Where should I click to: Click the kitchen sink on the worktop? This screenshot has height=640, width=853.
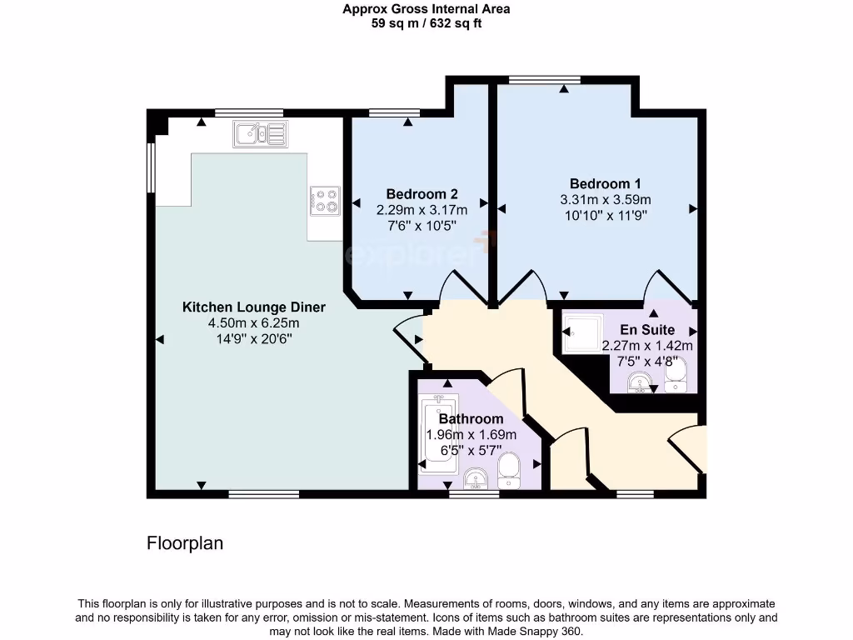261,132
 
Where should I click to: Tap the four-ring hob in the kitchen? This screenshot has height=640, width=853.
324,200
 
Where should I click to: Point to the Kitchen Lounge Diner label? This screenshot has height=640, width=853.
254,307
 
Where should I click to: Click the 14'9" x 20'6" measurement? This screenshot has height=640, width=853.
254,337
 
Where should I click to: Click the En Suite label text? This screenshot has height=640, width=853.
647,330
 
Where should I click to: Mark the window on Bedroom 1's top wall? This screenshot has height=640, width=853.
545,80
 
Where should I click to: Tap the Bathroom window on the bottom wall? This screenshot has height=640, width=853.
473,494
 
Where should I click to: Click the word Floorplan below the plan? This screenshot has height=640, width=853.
185,543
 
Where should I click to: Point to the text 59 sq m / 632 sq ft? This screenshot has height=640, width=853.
426,23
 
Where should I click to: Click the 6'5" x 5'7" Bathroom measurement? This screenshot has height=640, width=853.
471,450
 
